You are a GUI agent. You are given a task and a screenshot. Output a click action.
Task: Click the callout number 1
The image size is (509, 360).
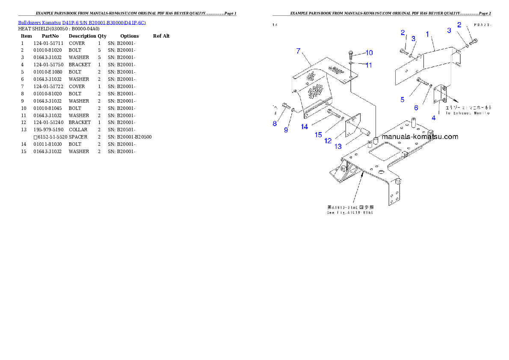pos(427,34)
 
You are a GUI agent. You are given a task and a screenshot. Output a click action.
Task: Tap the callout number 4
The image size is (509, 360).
pos(433,118)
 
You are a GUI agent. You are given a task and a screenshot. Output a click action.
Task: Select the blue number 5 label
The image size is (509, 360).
pos(402,100)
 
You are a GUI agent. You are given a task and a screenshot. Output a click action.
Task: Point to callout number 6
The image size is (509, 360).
pos(416,108)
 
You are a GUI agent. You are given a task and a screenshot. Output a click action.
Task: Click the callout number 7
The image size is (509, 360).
pos(299,51)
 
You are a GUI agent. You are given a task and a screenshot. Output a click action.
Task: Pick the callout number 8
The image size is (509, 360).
pos(275,124)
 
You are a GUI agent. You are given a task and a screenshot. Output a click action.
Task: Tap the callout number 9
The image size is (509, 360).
pos(286,130)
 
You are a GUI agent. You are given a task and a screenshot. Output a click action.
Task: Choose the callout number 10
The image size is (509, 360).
pos(369,53)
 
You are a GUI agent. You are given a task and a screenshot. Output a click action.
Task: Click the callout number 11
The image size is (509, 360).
pos(369,65)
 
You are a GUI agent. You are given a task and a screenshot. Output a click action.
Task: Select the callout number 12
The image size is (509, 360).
pos(328,141)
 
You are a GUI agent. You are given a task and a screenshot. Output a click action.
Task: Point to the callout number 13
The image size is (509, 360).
pos(338,146)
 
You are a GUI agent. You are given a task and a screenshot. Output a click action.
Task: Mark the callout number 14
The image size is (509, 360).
pos(305,127)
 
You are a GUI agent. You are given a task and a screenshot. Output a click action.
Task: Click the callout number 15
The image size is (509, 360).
pos(318,135)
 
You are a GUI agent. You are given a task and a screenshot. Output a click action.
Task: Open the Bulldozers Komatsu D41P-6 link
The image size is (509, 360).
pos(82,23)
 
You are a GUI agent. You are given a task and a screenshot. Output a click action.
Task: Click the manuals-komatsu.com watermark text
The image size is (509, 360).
pos(420,137)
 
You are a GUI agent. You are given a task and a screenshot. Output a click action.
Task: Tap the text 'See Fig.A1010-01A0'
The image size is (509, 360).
pos(350,212)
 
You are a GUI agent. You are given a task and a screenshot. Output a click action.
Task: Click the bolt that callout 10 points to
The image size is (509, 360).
pos(351,54)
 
